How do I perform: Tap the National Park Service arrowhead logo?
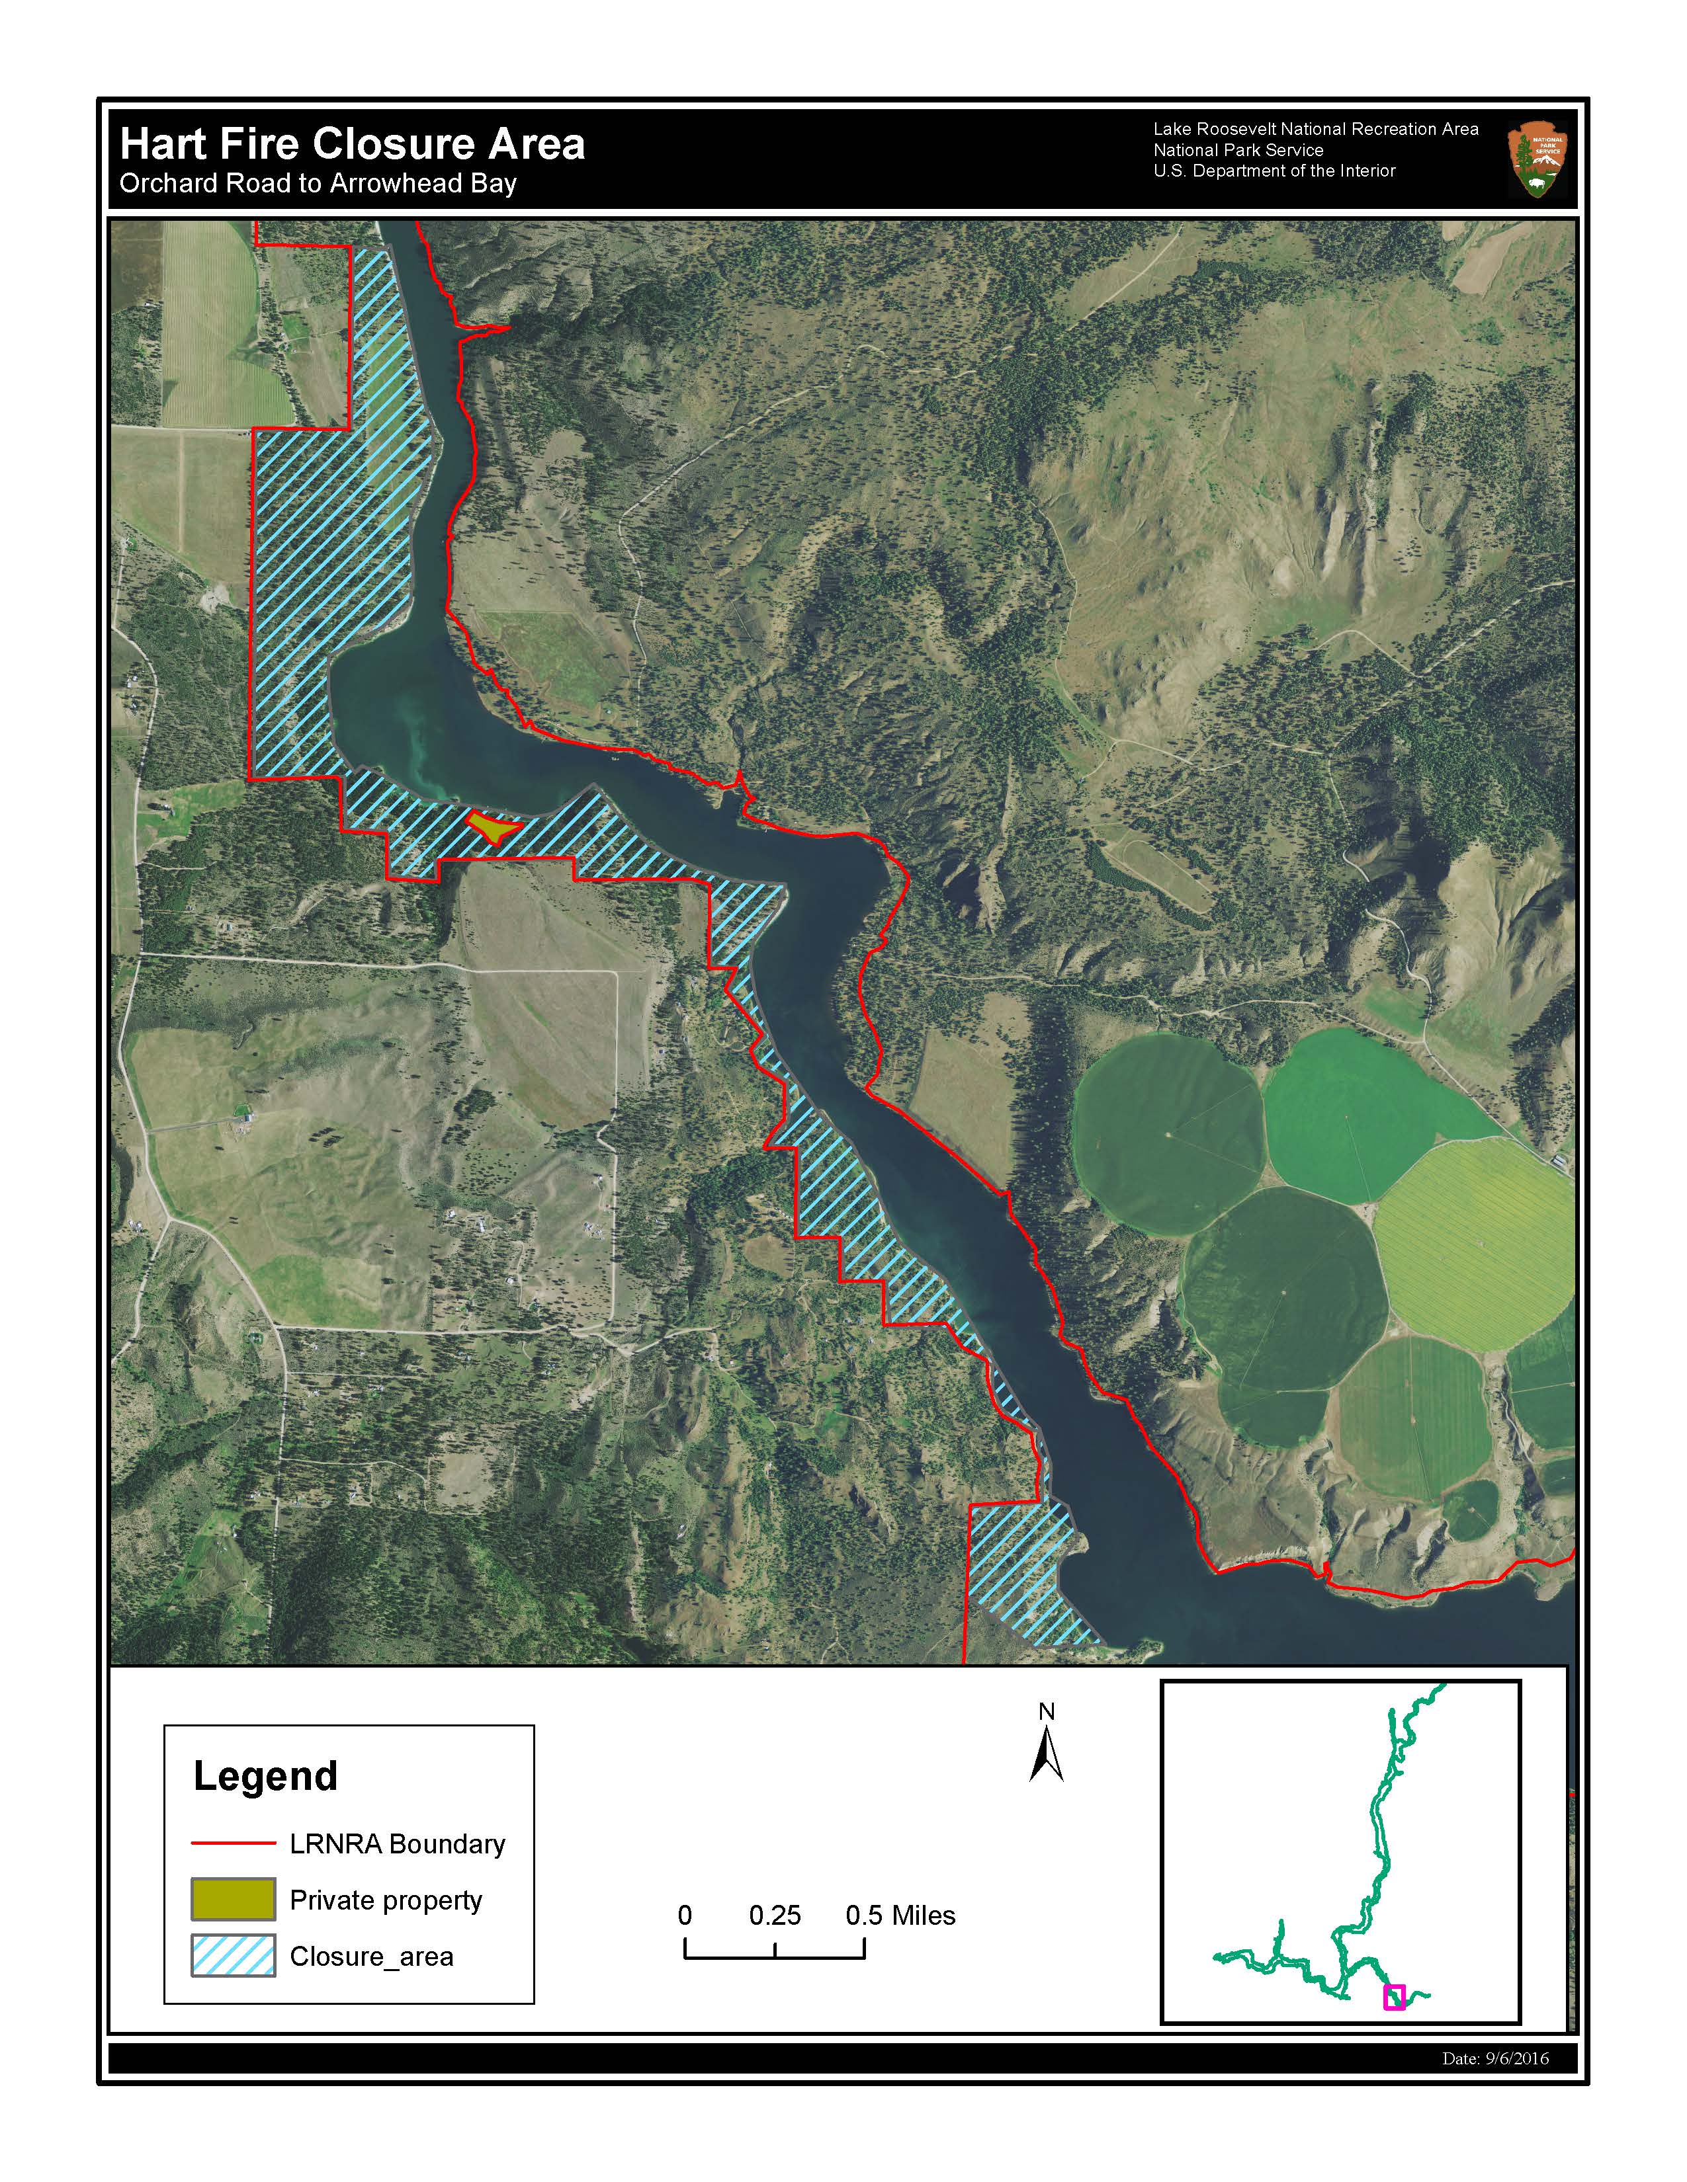(1537, 160)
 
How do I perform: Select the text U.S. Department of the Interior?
(1274, 171)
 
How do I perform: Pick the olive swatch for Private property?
(233, 1899)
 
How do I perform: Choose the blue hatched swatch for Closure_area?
(233, 1955)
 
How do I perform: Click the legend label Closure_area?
(370, 1957)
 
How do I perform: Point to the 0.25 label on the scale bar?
(775, 1916)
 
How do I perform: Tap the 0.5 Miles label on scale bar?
(900, 1916)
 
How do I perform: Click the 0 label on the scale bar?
(685, 1916)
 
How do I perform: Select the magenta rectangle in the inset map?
(1393, 1997)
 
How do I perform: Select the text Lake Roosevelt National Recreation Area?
(1315, 129)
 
